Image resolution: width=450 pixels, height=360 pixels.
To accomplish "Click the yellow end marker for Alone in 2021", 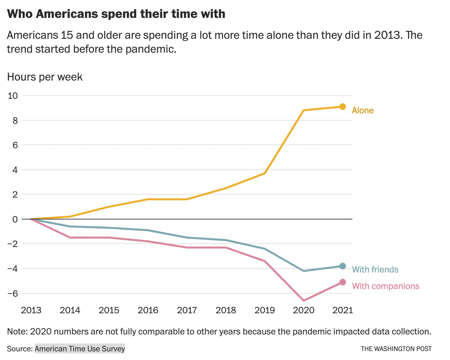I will click(x=342, y=107).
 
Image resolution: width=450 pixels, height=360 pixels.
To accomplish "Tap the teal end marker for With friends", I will click(x=342, y=266).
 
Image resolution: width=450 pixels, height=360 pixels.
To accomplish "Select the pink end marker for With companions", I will click(x=342, y=282).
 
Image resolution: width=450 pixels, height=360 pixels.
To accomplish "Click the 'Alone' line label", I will click(x=363, y=110).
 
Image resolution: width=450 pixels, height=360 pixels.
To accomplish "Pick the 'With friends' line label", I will click(x=375, y=270).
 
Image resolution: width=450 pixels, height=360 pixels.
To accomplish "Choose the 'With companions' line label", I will click(x=386, y=286).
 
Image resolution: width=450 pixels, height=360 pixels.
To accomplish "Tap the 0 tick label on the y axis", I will click(x=15, y=219).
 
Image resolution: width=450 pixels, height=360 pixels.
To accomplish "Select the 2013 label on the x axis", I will click(x=31, y=310).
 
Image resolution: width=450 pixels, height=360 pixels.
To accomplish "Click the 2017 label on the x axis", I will click(x=187, y=310).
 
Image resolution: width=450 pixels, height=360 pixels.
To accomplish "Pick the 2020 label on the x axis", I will click(x=304, y=310).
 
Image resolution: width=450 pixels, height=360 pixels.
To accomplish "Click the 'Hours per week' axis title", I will click(x=45, y=77).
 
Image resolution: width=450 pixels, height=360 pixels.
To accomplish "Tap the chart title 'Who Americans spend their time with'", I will click(x=116, y=14).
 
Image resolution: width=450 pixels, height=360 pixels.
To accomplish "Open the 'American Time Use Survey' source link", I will click(x=80, y=349).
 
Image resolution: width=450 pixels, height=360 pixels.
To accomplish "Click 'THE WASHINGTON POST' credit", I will click(x=396, y=349).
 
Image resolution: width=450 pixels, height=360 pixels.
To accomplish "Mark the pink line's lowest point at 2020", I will click(x=304, y=301).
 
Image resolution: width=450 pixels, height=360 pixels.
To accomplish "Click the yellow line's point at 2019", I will click(x=265, y=173).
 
